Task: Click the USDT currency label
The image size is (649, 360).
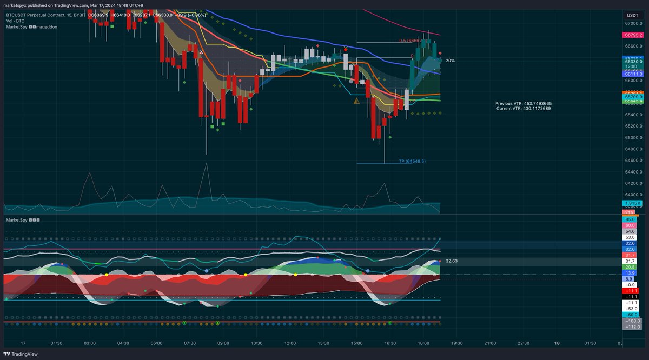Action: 632,15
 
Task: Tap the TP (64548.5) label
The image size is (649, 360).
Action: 412,161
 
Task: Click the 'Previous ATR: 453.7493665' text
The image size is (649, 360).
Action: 524,103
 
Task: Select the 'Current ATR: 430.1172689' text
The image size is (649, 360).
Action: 524,109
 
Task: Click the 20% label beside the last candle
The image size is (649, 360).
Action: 450,61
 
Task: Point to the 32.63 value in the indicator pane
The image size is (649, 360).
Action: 452,261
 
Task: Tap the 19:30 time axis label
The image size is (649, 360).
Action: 456,343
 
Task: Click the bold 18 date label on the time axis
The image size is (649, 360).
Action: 557,343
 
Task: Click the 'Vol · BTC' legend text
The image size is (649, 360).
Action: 16,21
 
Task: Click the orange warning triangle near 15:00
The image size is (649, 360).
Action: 356,101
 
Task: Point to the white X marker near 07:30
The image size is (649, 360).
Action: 201,52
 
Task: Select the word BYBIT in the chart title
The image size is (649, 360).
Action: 77,15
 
